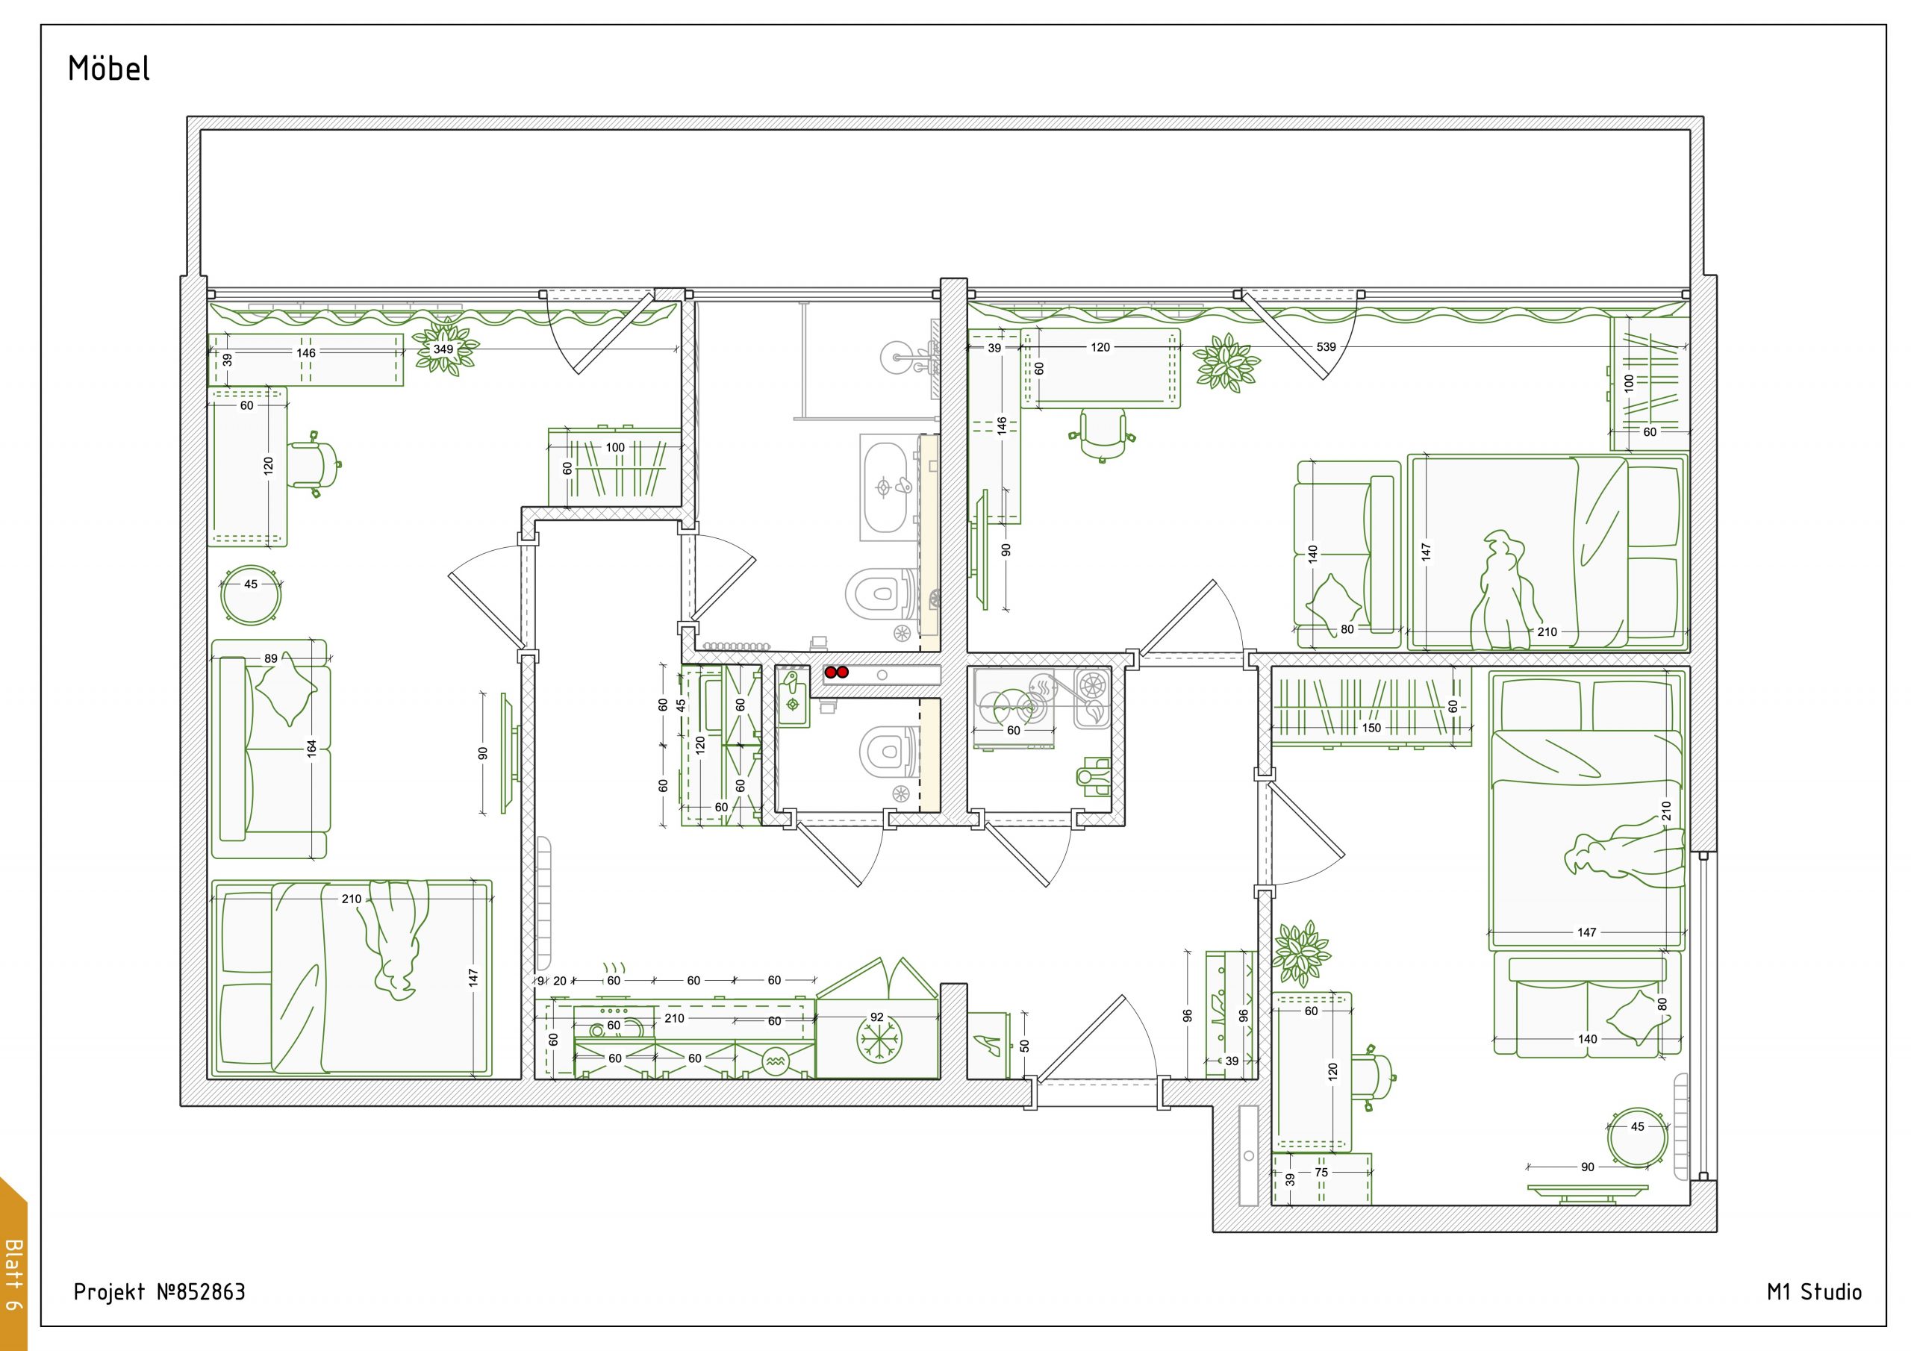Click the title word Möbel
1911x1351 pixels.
(109, 68)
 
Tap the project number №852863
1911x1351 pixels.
(202, 1291)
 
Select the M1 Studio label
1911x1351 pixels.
(1814, 1291)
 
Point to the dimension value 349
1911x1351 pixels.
(443, 349)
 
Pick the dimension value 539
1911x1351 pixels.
(1326, 346)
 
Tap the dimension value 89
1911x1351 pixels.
(270, 658)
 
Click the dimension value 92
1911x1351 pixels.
(876, 1017)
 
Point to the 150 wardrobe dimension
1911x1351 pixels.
(1371, 728)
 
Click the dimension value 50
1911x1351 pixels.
(1025, 1046)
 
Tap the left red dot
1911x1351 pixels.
(830, 672)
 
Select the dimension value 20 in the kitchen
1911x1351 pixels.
(559, 981)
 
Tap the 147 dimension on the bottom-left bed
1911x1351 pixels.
(473, 977)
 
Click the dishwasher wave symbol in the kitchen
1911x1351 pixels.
(775, 1061)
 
